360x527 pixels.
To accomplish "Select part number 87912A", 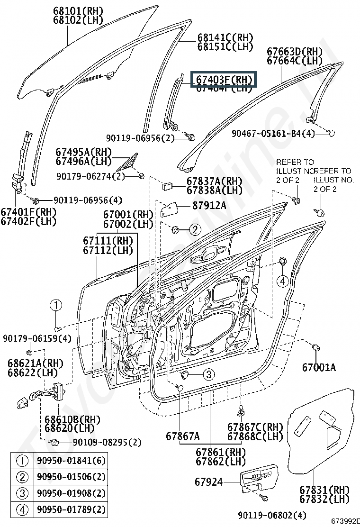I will [x=209, y=206].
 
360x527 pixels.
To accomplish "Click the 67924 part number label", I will [x=208, y=482].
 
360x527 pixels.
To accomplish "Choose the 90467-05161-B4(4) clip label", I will [x=273, y=134].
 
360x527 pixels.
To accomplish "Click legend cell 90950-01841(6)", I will [x=71, y=461].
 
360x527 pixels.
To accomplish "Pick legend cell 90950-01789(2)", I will [x=71, y=509].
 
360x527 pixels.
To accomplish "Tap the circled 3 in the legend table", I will [x=22, y=493].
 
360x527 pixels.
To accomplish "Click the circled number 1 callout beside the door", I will [x=55, y=305].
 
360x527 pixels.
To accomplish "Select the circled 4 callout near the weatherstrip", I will [x=283, y=281].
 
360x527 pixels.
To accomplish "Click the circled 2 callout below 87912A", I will [x=195, y=230].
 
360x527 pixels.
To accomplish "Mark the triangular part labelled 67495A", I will [x=130, y=161].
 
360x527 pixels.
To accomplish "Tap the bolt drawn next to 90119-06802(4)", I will [x=265, y=499].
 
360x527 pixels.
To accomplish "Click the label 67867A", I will [x=183, y=436].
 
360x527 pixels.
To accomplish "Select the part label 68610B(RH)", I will [x=66, y=419].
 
